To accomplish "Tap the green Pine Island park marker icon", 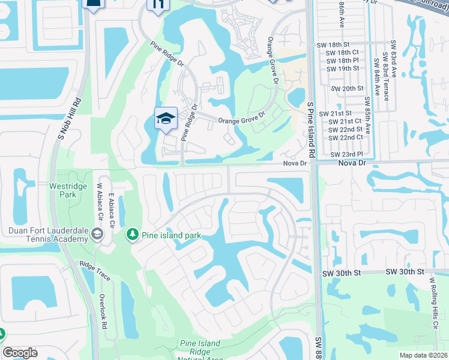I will pos(132,235).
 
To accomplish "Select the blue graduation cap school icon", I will pos(165,118).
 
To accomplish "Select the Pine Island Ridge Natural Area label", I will pos(200,352).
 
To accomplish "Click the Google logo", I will pos(20,353).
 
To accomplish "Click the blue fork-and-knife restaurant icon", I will pos(157,5).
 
